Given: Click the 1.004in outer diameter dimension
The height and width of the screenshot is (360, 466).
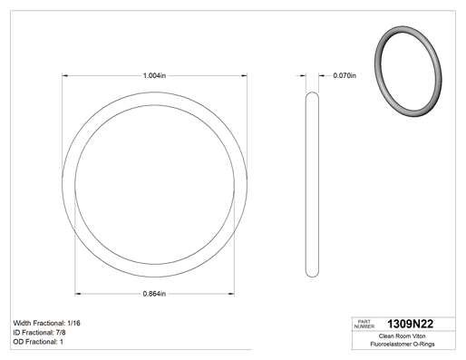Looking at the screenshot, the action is point(154,75).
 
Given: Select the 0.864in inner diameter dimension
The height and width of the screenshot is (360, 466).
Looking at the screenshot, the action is point(154,294).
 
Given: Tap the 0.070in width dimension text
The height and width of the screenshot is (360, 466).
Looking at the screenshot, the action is point(345,75).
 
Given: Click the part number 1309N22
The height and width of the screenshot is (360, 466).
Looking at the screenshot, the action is point(411,324).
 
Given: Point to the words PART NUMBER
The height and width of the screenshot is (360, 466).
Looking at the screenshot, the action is point(364,324).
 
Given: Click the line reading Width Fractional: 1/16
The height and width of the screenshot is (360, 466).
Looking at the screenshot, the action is point(47,323).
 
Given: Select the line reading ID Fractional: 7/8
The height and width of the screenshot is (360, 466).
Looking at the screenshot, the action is point(39,333).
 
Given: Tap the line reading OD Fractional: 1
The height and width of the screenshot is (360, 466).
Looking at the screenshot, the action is point(38,342).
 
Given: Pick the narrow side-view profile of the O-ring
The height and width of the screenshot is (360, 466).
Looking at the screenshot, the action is point(312,184).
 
